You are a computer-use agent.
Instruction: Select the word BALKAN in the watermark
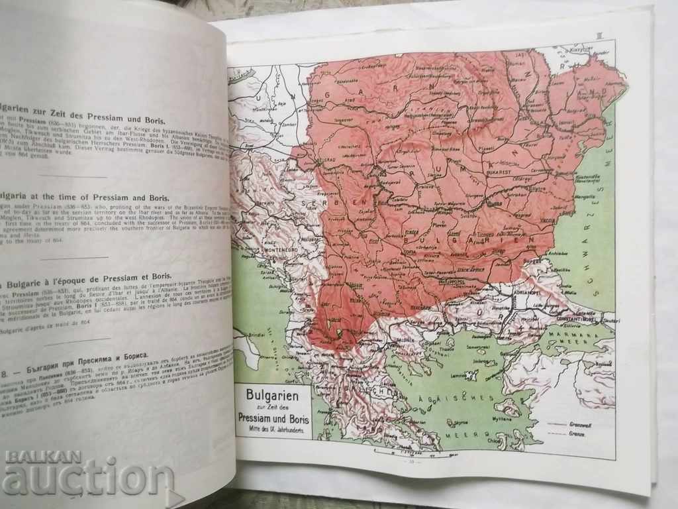[x=42, y=457]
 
